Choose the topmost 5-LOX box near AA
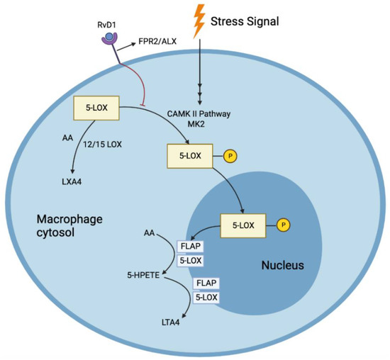[96, 110]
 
